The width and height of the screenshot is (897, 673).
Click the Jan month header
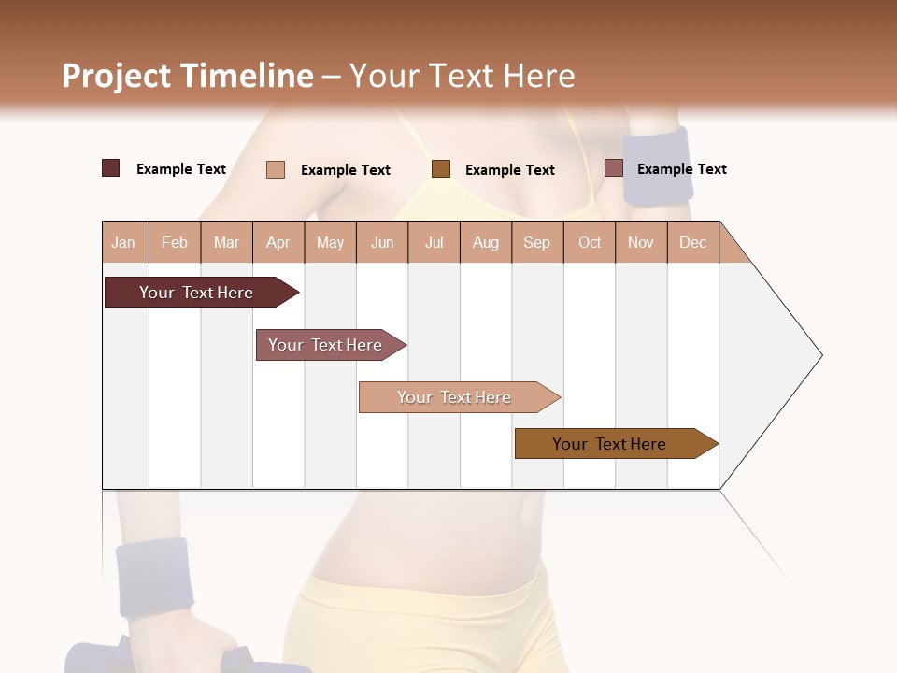[x=124, y=242]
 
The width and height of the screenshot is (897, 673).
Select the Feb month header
[x=175, y=242]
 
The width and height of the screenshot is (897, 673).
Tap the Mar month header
[x=226, y=242]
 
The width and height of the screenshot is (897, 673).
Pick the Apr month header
[x=278, y=242]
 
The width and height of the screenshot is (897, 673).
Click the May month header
[x=330, y=242]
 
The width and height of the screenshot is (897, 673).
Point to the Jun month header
[x=382, y=242]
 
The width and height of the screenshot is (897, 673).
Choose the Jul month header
[x=434, y=242]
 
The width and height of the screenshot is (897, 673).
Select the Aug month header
[x=486, y=242]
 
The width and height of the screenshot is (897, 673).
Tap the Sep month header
[x=537, y=242]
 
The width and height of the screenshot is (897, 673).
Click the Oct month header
[x=590, y=242]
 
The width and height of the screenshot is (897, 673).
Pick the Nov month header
[x=641, y=242]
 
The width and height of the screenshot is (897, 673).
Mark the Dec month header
[x=693, y=242]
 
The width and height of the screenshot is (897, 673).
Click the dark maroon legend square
[x=111, y=168]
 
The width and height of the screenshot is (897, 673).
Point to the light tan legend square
[x=276, y=169]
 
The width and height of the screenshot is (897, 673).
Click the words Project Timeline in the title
[x=188, y=76]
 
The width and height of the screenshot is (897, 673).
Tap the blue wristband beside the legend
[x=658, y=166]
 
